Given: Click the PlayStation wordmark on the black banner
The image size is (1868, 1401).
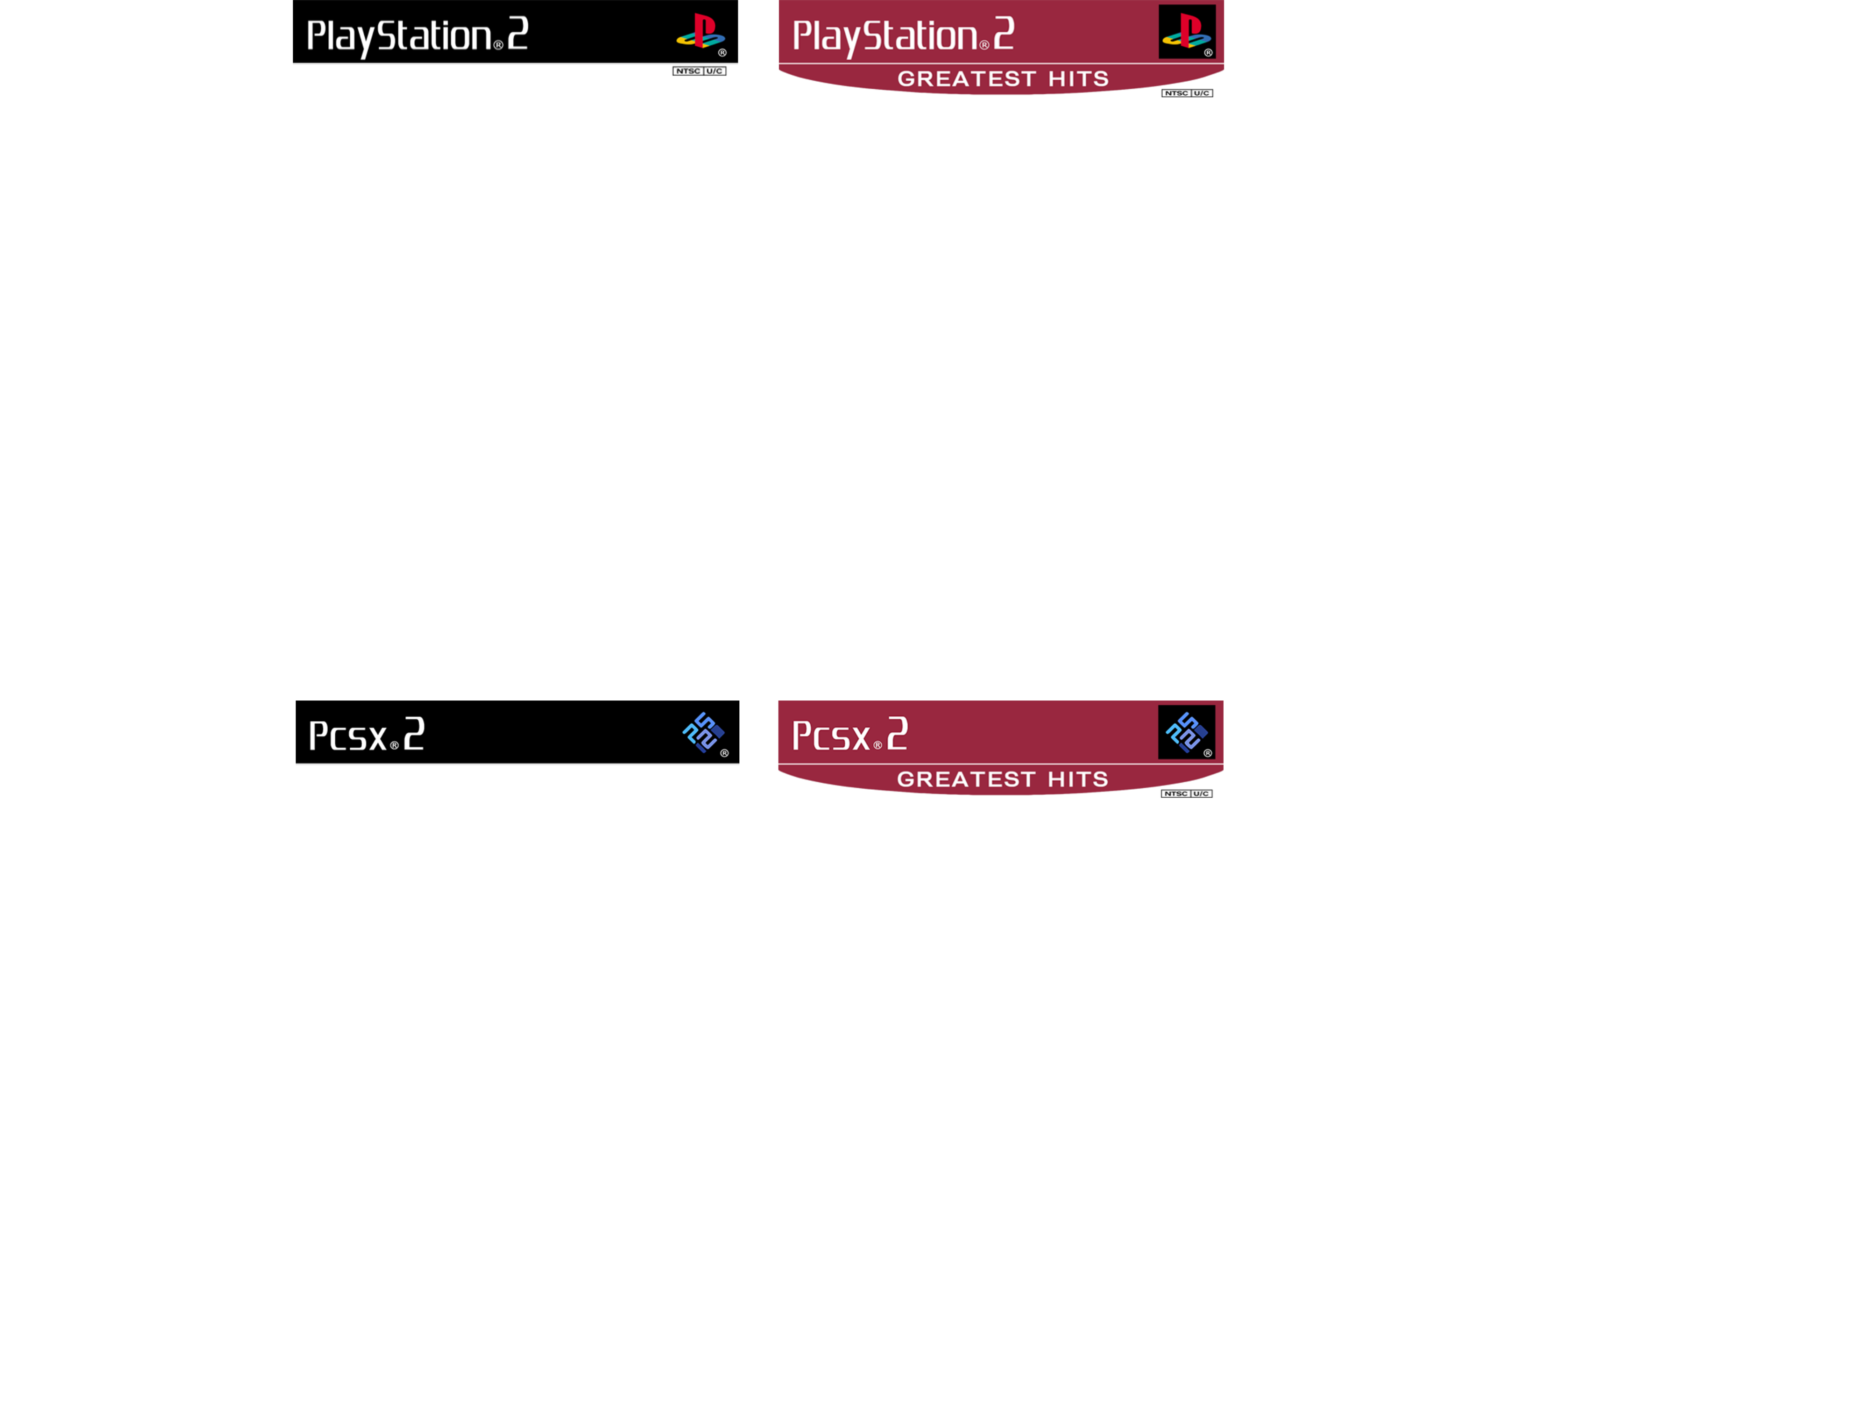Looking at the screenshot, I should [x=399, y=36].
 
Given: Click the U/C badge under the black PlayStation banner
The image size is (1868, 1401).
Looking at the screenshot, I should [x=715, y=71].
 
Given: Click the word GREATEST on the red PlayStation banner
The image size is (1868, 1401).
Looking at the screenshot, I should [x=966, y=78].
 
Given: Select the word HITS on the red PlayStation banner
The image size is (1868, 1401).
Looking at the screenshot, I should [x=1078, y=78].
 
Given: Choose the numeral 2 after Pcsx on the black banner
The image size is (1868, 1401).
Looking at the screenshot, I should [x=414, y=733].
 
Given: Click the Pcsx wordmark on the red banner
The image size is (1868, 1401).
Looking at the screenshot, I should [x=831, y=736].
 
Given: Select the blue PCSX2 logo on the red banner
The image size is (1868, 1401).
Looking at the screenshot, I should [x=1187, y=731].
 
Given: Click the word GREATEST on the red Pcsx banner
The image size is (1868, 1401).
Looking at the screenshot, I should [x=966, y=778].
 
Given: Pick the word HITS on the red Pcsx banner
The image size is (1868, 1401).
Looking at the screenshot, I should [x=1078, y=778].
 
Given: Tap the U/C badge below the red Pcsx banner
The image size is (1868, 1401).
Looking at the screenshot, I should [x=1201, y=794].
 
